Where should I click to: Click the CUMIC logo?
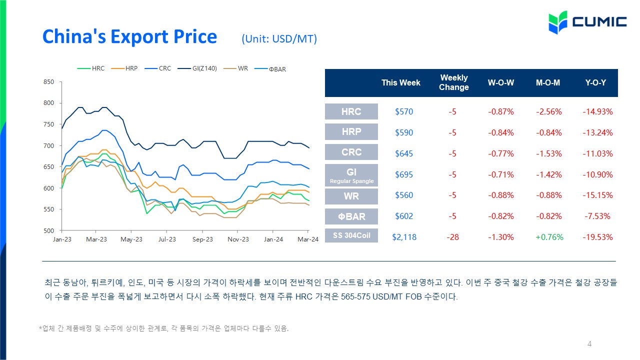tap(587, 22)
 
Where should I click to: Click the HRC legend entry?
tap(91, 68)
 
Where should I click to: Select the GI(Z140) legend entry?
tap(197, 68)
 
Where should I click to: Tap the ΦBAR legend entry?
tap(270, 69)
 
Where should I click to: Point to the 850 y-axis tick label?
tap(48, 82)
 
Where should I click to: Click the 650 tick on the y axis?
tap(48, 167)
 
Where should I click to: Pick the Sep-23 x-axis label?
tap(202, 239)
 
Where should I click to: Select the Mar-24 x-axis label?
tap(308, 239)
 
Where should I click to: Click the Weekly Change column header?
tap(453, 82)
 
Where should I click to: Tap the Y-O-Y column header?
tap(595, 82)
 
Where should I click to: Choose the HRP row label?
tap(351, 131)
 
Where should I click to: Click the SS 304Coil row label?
tap(351, 235)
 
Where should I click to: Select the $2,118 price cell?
tap(404, 237)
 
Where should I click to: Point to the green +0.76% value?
tap(549, 237)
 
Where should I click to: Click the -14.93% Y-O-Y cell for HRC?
tap(597, 111)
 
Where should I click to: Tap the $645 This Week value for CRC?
tap(404, 153)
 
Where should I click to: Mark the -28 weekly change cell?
tap(453, 237)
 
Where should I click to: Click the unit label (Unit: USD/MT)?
tap(279, 39)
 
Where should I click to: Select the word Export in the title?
tap(139, 37)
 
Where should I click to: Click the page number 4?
tap(589, 343)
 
